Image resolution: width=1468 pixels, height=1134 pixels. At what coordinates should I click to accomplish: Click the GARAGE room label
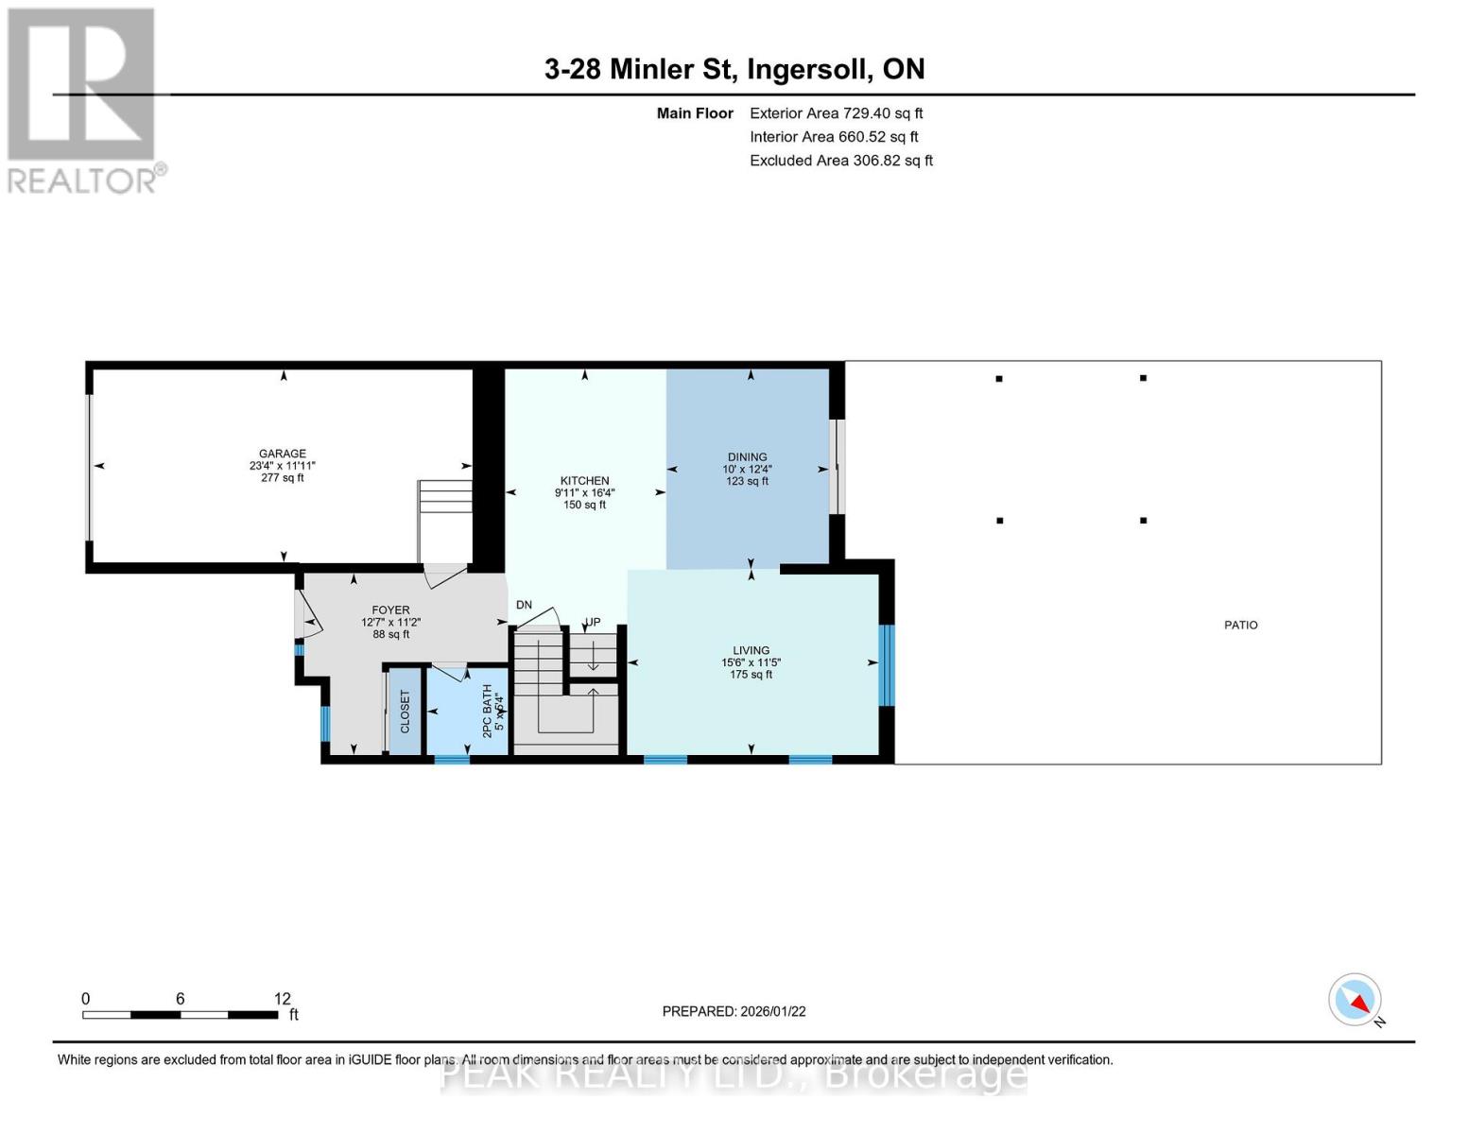coord(283,454)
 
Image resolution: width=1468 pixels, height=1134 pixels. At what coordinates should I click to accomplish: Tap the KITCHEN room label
coord(584,481)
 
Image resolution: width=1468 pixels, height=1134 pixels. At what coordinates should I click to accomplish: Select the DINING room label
coord(747,457)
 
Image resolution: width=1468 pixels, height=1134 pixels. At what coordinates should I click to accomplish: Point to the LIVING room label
coord(751,651)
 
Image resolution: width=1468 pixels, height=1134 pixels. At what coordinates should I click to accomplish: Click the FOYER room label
coord(390,610)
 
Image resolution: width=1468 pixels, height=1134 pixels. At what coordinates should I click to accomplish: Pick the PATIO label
coord(1240,626)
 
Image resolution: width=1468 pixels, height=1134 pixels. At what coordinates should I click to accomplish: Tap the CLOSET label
coord(406,712)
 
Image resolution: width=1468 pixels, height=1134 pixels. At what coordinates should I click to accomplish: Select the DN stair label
coord(524,606)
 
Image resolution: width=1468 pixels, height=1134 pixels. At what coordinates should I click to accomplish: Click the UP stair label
coord(593,623)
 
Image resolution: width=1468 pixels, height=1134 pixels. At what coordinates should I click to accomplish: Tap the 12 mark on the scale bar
coord(282,999)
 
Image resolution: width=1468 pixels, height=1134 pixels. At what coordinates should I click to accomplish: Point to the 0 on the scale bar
coord(86,999)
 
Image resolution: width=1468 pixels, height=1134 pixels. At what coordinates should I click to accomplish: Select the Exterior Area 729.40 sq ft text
coord(836,113)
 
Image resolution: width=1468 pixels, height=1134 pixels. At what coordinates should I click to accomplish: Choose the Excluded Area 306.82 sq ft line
coord(840,161)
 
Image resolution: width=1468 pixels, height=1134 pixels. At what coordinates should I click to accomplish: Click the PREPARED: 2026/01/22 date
coord(734,1011)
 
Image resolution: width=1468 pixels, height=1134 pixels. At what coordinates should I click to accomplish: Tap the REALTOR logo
coord(82,100)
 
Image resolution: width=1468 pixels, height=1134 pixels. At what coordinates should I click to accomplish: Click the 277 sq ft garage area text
coord(283,478)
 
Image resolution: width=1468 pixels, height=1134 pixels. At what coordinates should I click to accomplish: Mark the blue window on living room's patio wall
coord(886,666)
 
